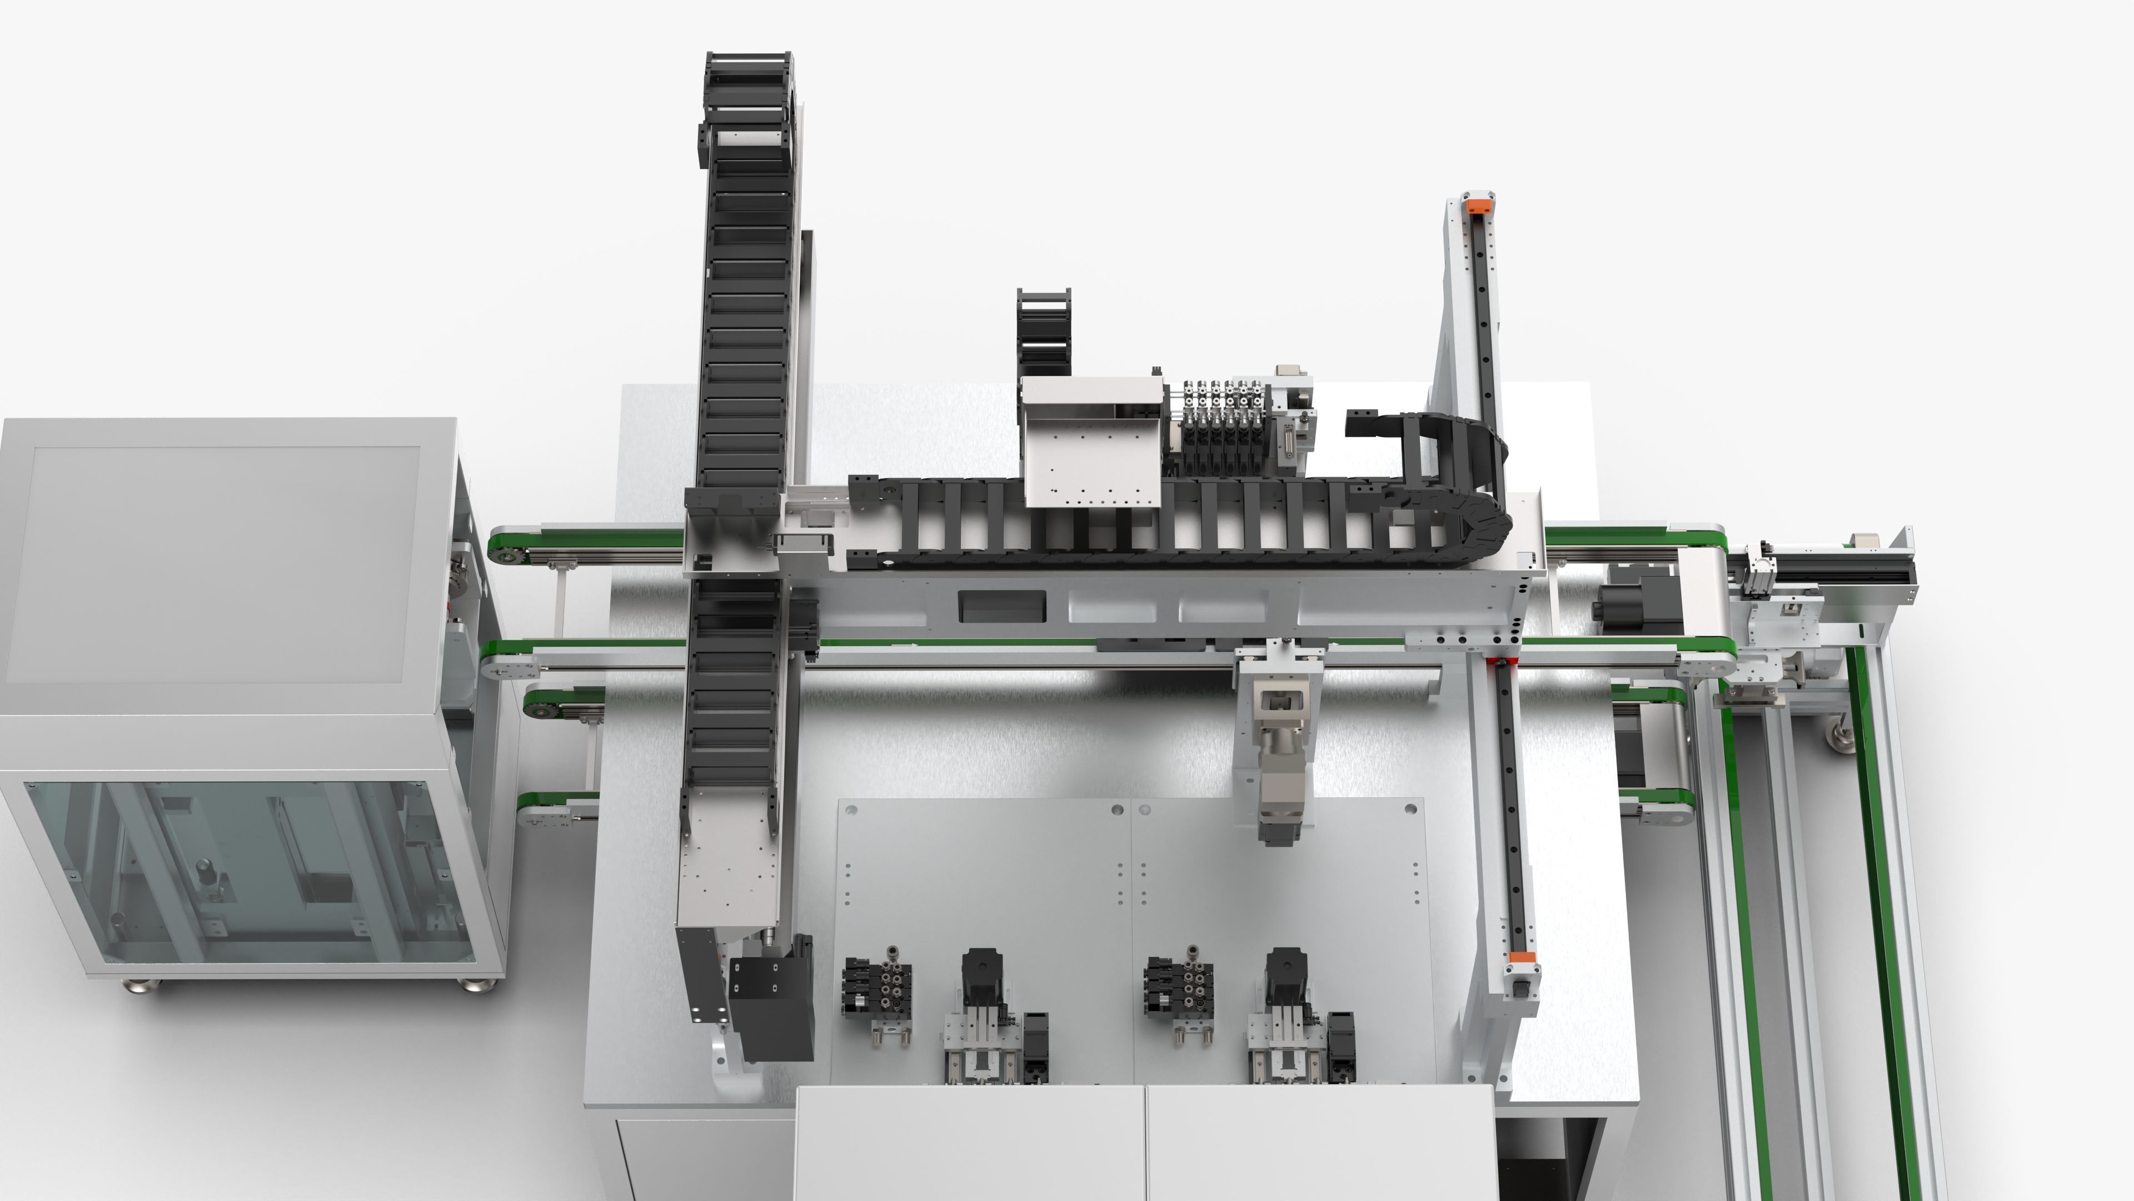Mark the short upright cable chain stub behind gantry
pyautogui.click(x=1043, y=331)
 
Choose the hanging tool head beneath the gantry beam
pyautogui.click(x=1276, y=746)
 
